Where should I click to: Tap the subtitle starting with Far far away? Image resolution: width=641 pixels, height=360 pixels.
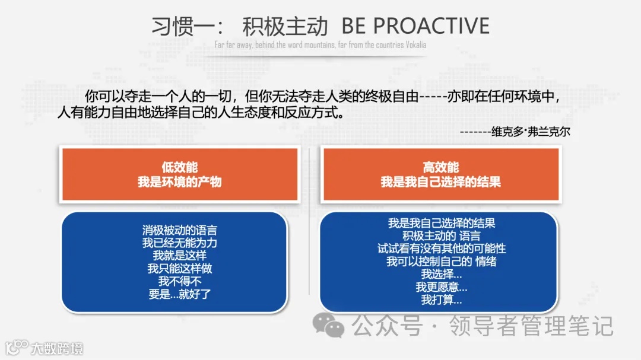(x=320, y=45)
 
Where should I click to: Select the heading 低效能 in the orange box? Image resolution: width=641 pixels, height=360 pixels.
(x=179, y=167)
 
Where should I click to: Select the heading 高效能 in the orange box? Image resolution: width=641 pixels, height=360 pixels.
(x=440, y=167)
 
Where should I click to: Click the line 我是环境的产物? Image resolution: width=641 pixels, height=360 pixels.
(x=179, y=181)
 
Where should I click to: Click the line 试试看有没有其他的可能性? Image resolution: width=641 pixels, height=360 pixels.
(x=442, y=249)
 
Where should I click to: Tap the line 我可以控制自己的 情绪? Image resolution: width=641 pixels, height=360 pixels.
(x=442, y=262)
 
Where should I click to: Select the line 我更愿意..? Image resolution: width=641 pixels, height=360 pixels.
(x=442, y=288)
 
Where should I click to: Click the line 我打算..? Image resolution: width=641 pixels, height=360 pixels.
(x=442, y=301)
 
